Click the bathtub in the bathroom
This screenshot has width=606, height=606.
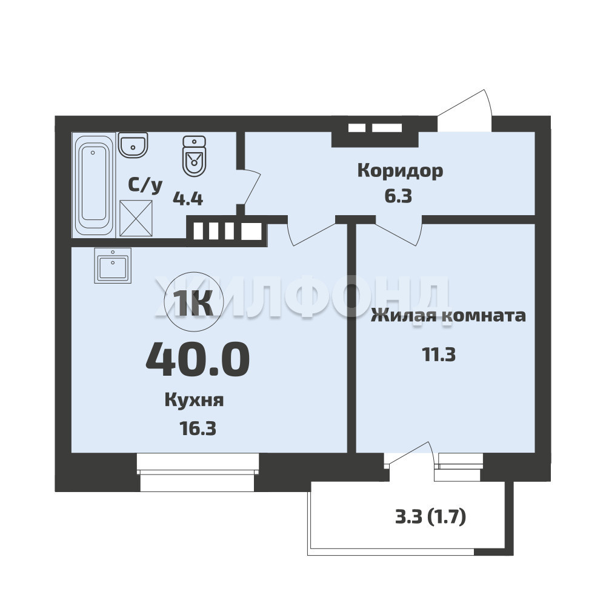(94, 184)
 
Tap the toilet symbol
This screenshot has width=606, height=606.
(194, 156)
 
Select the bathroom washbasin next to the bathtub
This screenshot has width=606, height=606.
(133, 145)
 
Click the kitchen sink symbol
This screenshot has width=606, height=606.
(113, 265)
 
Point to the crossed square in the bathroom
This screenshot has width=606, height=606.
(136, 218)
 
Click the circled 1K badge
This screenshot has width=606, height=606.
(194, 302)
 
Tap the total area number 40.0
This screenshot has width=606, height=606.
(198, 359)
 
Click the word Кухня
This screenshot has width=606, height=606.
(194, 401)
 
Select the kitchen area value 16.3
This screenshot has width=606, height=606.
(197, 428)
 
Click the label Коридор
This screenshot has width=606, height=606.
(400, 171)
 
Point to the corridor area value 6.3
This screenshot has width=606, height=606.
(398, 196)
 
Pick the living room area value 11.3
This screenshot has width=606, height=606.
(439, 355)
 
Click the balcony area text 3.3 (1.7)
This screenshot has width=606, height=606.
(430, 517)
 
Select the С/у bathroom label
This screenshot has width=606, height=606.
(145, 186)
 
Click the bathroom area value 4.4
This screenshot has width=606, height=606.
(188, 199)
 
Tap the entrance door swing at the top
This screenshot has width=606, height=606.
(465, 110)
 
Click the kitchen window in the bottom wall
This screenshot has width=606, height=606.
(197, 472)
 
